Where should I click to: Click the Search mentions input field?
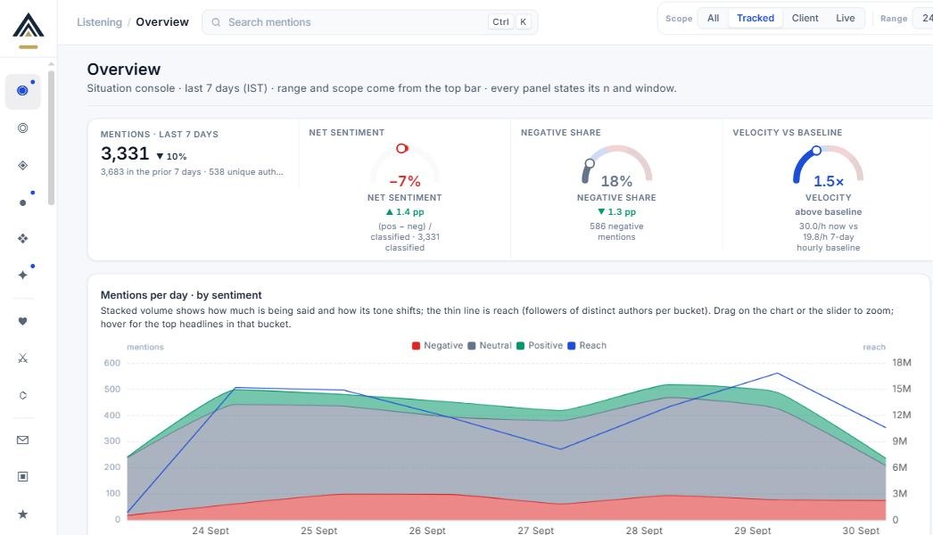coord(369,22)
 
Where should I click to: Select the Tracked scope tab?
coord(755,18)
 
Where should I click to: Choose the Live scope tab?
coord(845,18)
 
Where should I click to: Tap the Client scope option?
coord(805,18)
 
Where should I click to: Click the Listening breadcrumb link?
coord(99,22)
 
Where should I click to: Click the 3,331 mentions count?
coord(125,153)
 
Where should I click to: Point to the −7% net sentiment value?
coord(405,181)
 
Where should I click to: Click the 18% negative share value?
coord(616,181)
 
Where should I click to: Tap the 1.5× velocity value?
coord(829,181)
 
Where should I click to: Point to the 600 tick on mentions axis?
coord(111,363)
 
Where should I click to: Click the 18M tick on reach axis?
coord(902,362)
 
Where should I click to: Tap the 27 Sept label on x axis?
coord(535,530)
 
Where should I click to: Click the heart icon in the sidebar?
coord(22,321)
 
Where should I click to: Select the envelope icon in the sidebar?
coord(22,440)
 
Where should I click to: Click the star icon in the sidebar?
coord(22,514)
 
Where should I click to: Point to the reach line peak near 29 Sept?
coord(777,373)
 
